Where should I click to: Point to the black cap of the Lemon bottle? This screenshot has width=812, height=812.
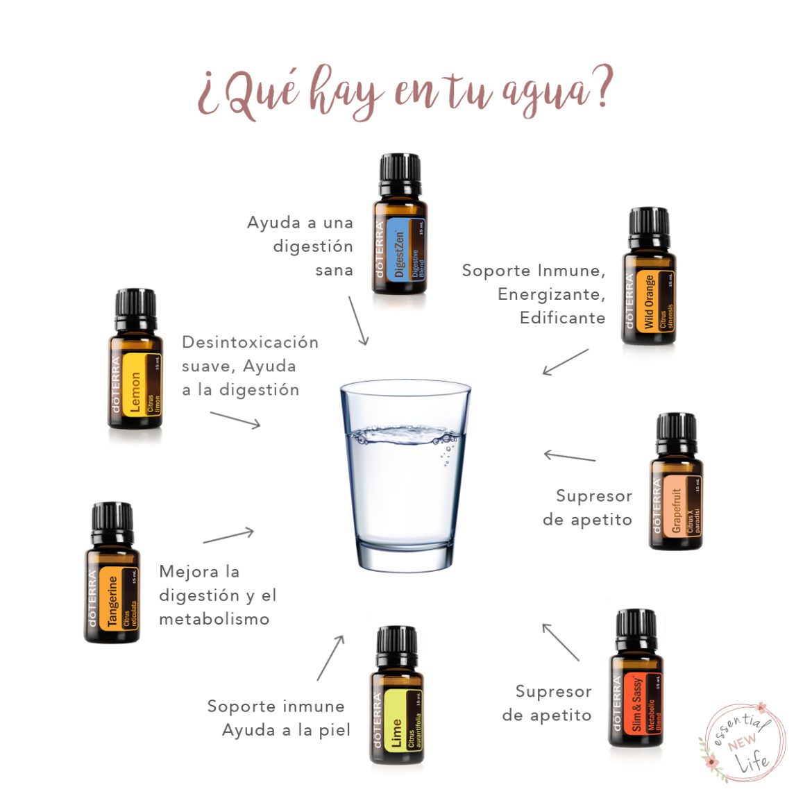[x=135, y=305]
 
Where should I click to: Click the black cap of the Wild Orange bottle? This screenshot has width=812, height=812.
[x=650, y=226]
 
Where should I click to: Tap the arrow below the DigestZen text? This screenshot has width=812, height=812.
[x=358, y=321]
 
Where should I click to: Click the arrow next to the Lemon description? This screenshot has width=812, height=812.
[x=235, y=419]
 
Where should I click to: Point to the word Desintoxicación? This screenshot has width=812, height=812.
[x=250, y=342]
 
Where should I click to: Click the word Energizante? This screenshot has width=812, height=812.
[x=551, y=294]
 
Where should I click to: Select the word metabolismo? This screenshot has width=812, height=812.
[x=214, y=619]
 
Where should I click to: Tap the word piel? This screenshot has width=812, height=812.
[x=335, y=730]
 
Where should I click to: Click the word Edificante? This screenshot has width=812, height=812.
[x=562, y=318]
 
